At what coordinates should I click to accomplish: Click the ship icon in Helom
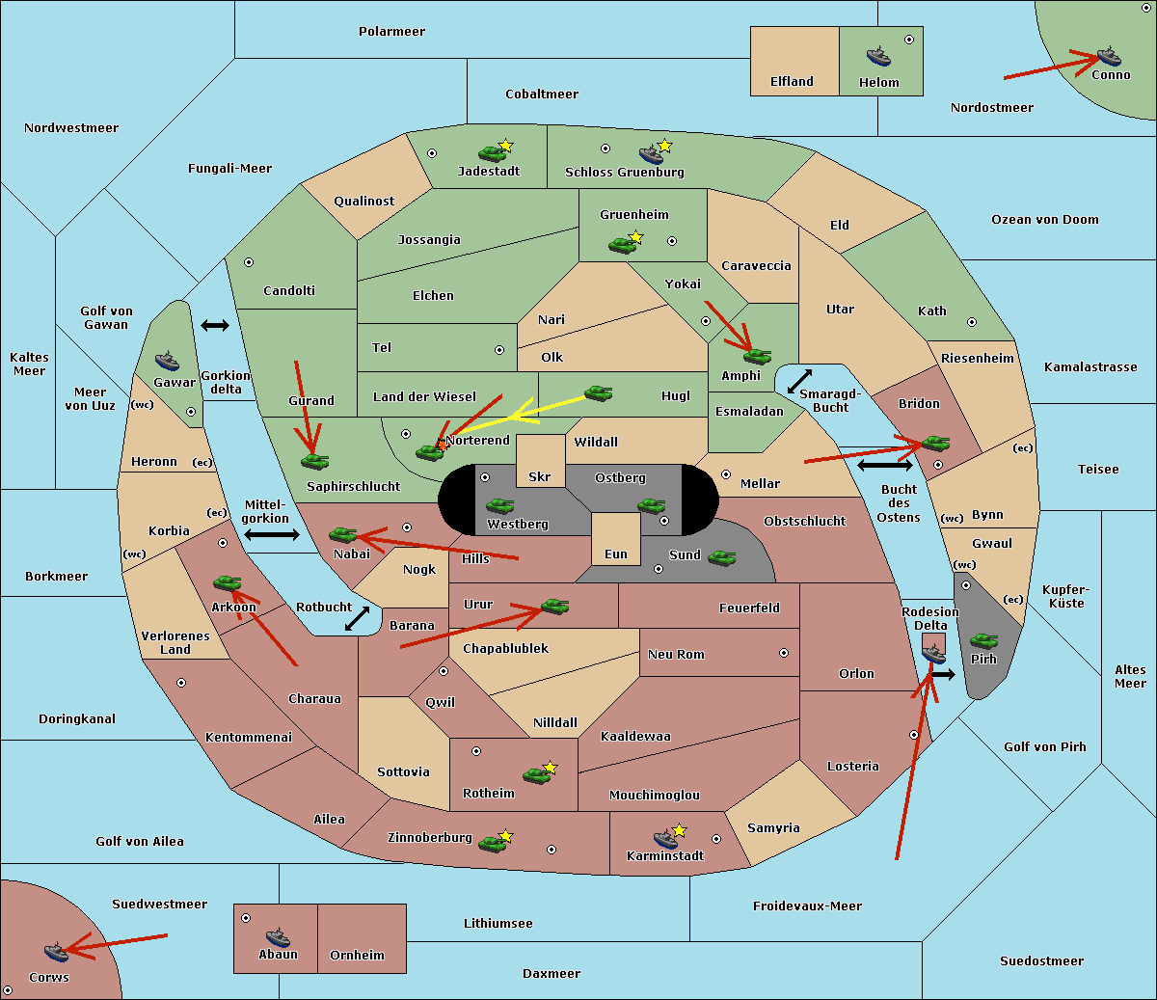tap(878, 56)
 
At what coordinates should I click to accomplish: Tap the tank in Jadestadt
tap(492, 153)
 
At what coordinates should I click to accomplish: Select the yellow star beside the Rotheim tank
tap(551, 767)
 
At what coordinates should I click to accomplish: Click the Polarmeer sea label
tap(391, 32)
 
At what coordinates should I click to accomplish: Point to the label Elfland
tap(792, 82)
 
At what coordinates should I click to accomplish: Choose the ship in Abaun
tap(278, 937)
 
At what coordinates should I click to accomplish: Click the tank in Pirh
tap(983, 640)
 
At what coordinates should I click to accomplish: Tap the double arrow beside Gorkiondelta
tap(215, 325)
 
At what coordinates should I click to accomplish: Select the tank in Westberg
tap(499, 506)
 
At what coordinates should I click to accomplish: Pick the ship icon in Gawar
tap(167, 362)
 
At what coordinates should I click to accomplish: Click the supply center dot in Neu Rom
tap(784, 653)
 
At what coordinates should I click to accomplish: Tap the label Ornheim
tap(357, 956)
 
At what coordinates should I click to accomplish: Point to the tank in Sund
tap(721, 558)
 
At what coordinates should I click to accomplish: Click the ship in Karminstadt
tap(665, 839)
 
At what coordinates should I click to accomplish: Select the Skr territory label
tap(540, 477)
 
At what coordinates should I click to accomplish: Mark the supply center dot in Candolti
tap(249, 262)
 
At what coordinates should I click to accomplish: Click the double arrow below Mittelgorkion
tap(272, 534)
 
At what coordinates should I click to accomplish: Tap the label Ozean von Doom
tap(1045, 220)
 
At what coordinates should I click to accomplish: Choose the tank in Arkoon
tap(227, 584)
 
